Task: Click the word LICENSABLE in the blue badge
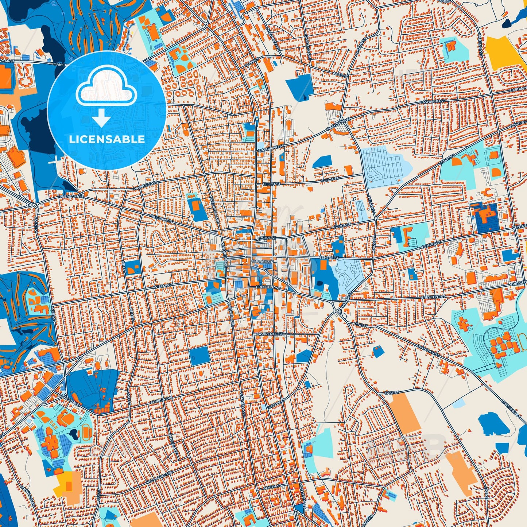click(x=107, y=139)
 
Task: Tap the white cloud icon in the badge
click(x=106, y=88)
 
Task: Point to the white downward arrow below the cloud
click(x=102, y=118)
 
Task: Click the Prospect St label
click(x=145, y=185)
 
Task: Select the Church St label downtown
click(x=261, y=261)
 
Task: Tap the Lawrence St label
click(x=270, y=334)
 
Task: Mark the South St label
click(x=272, y=487)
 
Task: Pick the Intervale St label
click(x=270, y=33)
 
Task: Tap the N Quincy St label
click(x=481, y=43)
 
